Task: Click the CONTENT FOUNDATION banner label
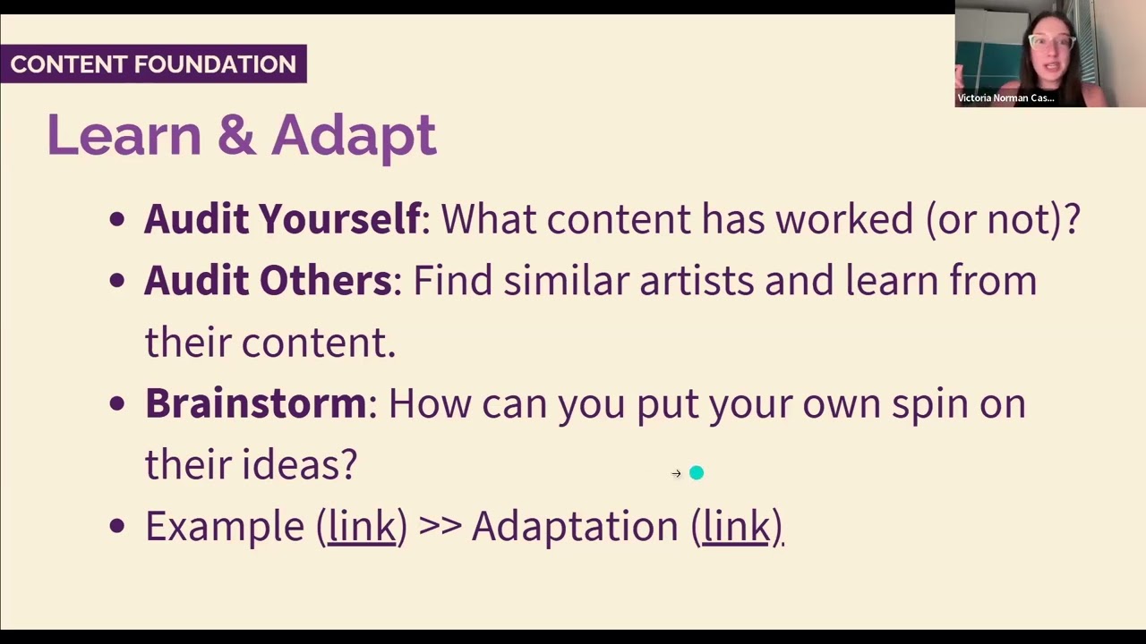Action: (x=153, y=64)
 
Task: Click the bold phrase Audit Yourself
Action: (x=282, y=219)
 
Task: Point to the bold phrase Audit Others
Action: (x=268, y=281)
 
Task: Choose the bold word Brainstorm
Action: (x=256, y=403)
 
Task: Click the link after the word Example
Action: (x=362, y=526)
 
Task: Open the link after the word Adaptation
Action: (x=737, y=526)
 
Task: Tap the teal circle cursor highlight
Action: (x=697, y=473)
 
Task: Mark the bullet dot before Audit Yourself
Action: (x=117, y=220)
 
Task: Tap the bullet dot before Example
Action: (x=117, y=526)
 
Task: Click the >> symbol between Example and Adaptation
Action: (x=440, y=526)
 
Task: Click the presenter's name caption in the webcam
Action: (x=1005, y=98)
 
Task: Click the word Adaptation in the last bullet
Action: (x=575, y=526)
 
